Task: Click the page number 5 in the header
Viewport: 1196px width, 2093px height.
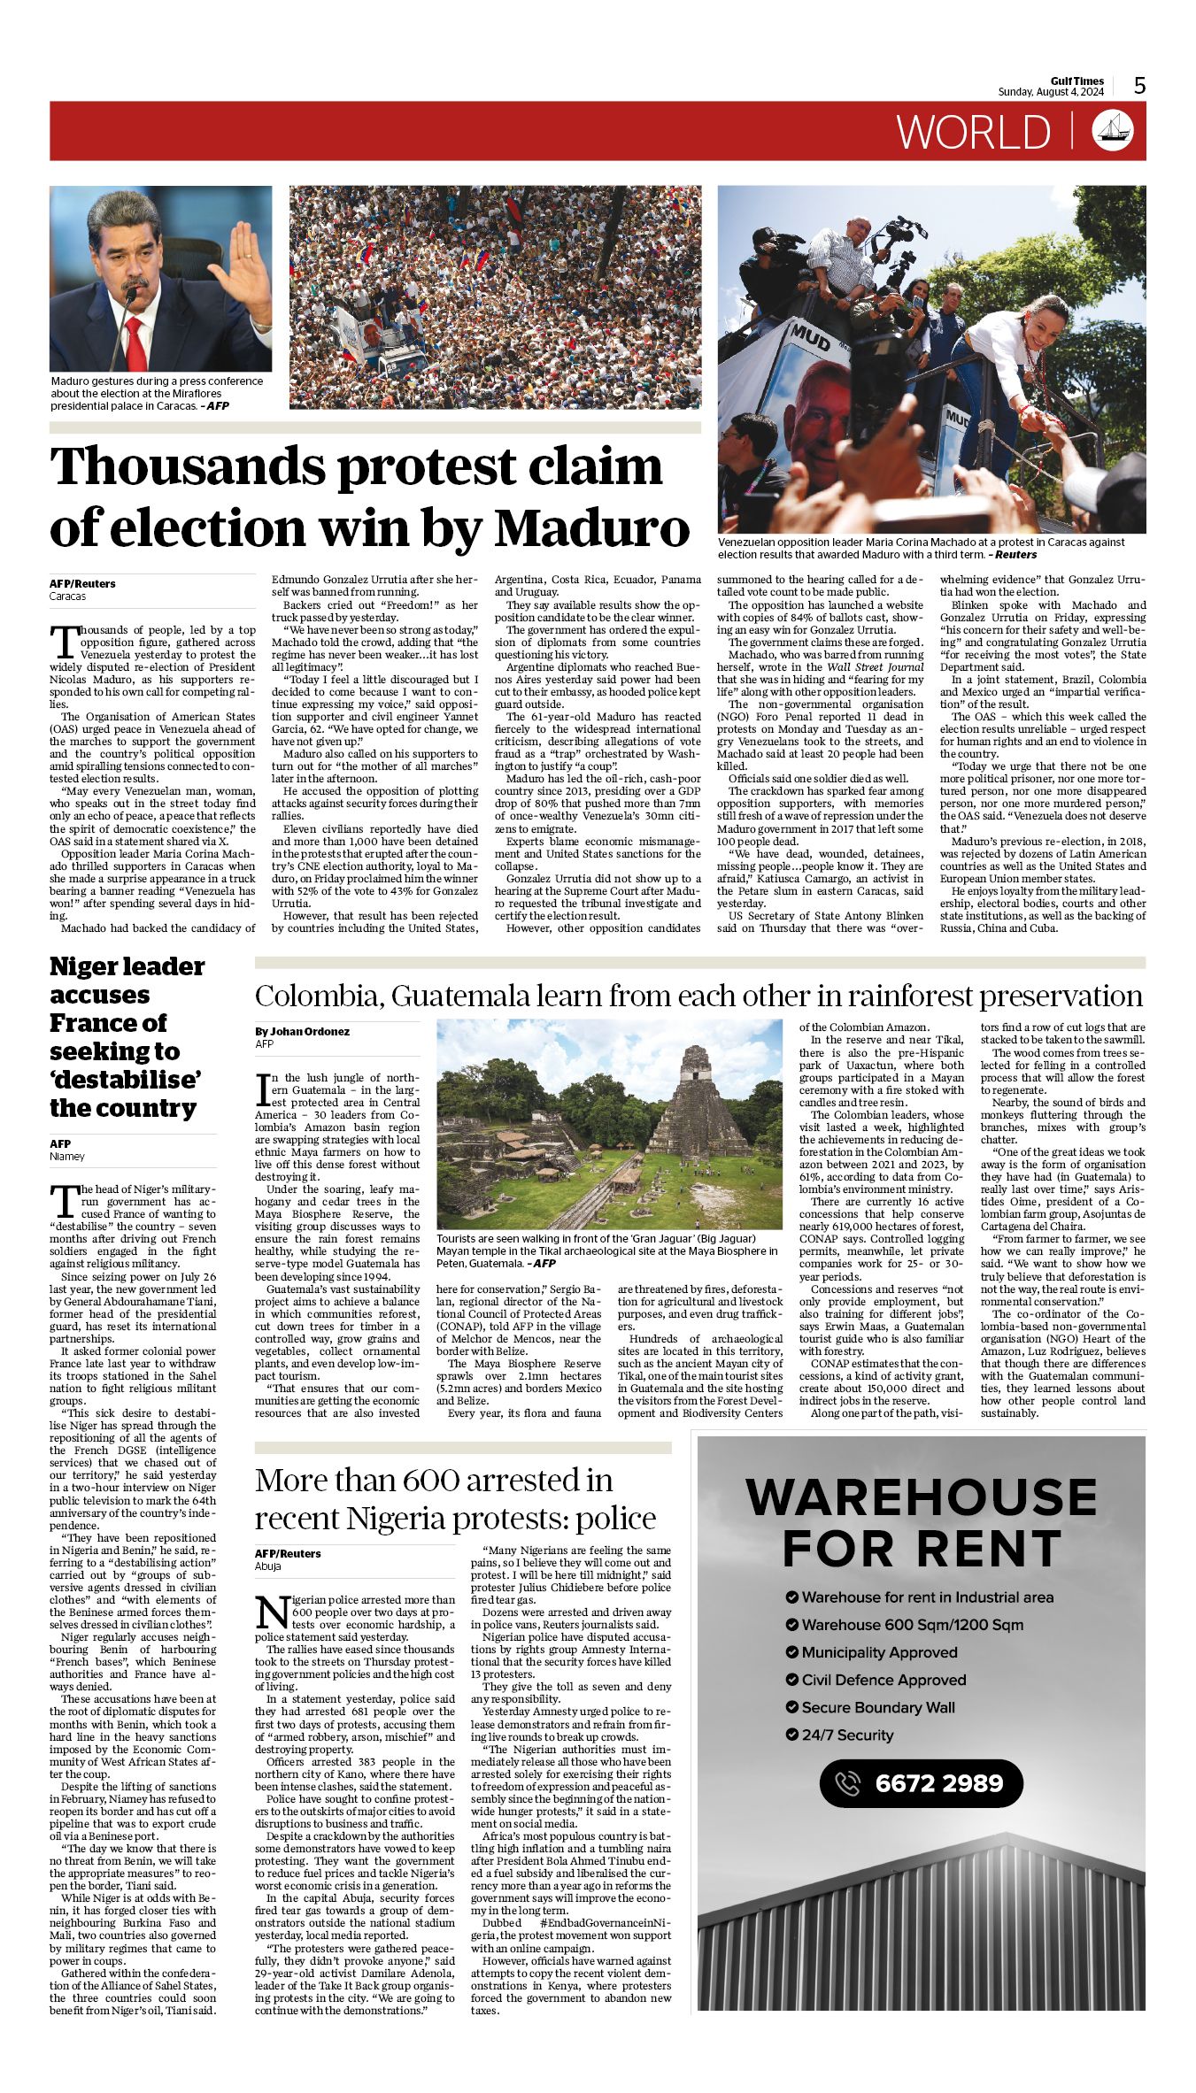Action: coord(1140,85)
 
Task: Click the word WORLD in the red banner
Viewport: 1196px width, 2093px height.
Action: coord(974,133)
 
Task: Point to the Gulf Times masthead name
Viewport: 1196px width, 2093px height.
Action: coord(1077,81)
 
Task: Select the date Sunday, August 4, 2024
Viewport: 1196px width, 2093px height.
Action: coord(1051,92)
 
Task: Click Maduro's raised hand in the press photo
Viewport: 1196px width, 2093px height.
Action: coord(240,272)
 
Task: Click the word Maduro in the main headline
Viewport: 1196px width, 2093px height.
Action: coord(591,528)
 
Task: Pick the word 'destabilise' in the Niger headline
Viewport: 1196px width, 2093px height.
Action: coord(126,1080)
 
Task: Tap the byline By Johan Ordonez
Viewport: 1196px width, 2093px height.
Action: coord(302,1031)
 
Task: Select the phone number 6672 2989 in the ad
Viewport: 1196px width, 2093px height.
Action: coord(938,1782)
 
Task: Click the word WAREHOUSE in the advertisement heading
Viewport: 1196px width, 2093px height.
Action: coord(922,1497)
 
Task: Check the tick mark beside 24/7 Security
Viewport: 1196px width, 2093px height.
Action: coord(791,1735)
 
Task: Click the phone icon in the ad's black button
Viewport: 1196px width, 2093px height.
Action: coord(847,1782)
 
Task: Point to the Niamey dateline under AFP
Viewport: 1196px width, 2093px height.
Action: coord(67,1156)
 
